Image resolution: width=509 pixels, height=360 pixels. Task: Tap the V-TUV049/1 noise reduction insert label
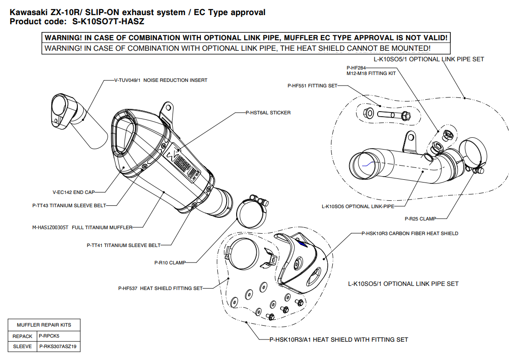(161, 80)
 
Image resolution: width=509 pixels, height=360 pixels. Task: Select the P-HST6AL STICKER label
(268, 113)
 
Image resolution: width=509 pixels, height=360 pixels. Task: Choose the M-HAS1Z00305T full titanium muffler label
(82, 227)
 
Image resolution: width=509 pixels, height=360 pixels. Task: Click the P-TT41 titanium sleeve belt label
(124, 245)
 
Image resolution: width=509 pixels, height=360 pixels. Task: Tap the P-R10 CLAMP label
(170, 263)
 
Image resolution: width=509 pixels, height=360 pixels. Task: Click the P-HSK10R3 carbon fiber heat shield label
(410, 234)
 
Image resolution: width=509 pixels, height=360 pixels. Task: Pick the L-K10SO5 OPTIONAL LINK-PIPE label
(357, 206)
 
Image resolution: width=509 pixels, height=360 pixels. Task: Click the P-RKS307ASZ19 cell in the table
(58, 346)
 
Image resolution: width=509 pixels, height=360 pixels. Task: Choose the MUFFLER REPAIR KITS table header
(44, 325)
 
